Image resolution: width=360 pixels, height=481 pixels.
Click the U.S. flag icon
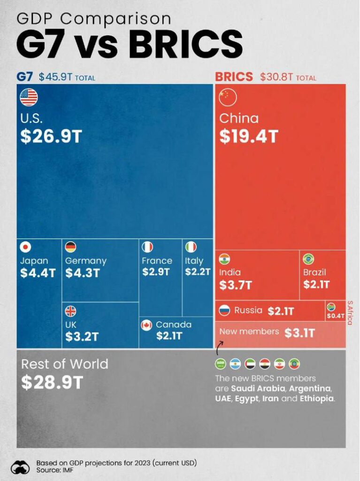pos(29,98)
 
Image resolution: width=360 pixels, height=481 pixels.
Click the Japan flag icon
pos(25,247)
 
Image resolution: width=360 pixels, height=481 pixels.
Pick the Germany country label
pos(86,261)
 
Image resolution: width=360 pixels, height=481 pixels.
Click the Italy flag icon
pos(191,247)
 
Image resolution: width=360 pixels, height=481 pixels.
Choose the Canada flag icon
pos(146,325)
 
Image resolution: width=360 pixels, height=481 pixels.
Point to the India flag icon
pos(224,259)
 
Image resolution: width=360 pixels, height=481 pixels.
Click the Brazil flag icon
pos(308,259)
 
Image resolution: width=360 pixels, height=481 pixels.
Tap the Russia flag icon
pos(224,310)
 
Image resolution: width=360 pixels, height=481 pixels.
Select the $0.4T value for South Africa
pos(336,316)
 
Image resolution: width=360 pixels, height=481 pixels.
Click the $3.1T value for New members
pos(299,333)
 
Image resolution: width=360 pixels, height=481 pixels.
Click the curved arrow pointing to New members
pos(219,350)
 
